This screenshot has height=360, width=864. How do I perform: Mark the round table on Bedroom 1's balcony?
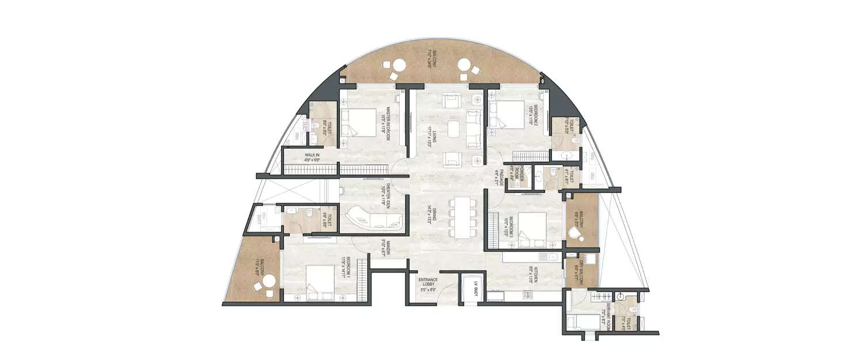269,282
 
